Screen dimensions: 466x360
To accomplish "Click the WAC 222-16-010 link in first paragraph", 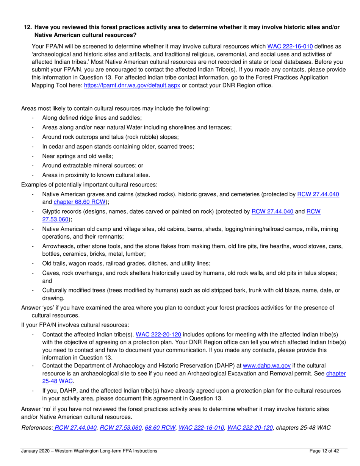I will (x=290, y=47).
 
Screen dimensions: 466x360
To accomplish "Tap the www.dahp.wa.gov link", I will (x=266, y=366).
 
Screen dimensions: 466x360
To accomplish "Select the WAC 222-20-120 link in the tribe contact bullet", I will (x=158, y=335).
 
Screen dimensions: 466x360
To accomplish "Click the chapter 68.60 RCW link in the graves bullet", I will (x=80, y=202).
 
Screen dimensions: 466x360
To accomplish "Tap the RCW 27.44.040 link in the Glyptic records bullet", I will (x=272, y=212).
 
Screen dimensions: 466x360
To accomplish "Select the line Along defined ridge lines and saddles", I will (x=92, y=118).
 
